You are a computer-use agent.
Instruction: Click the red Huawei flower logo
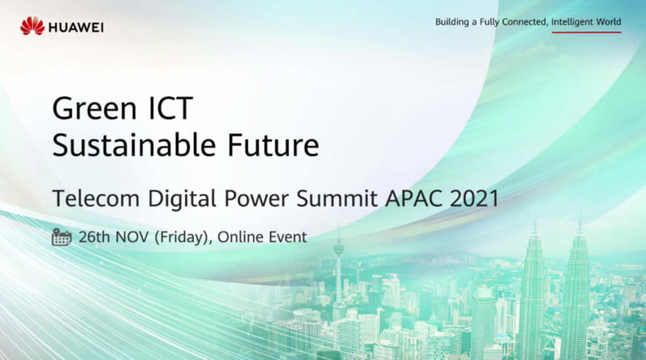coord(32,26)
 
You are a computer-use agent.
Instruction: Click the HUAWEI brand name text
coord(76,27)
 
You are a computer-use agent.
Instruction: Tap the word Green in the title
coord(94,108)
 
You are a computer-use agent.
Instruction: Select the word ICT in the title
coord(170,108)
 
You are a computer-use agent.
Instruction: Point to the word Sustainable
coord(134,145)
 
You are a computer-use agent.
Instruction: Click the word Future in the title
coord(274,145)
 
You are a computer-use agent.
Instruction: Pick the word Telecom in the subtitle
coord(96,198)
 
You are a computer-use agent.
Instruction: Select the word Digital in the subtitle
coord(182,199)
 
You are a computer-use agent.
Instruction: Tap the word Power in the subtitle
coord(256,198)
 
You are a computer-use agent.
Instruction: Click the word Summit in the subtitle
coord(337,198)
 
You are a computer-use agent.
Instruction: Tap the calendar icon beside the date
coord(62,237)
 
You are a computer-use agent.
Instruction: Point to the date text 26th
coord(94,237)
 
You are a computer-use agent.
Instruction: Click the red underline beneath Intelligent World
coord(586,32)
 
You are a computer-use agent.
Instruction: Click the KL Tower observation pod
coord(338,247)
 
